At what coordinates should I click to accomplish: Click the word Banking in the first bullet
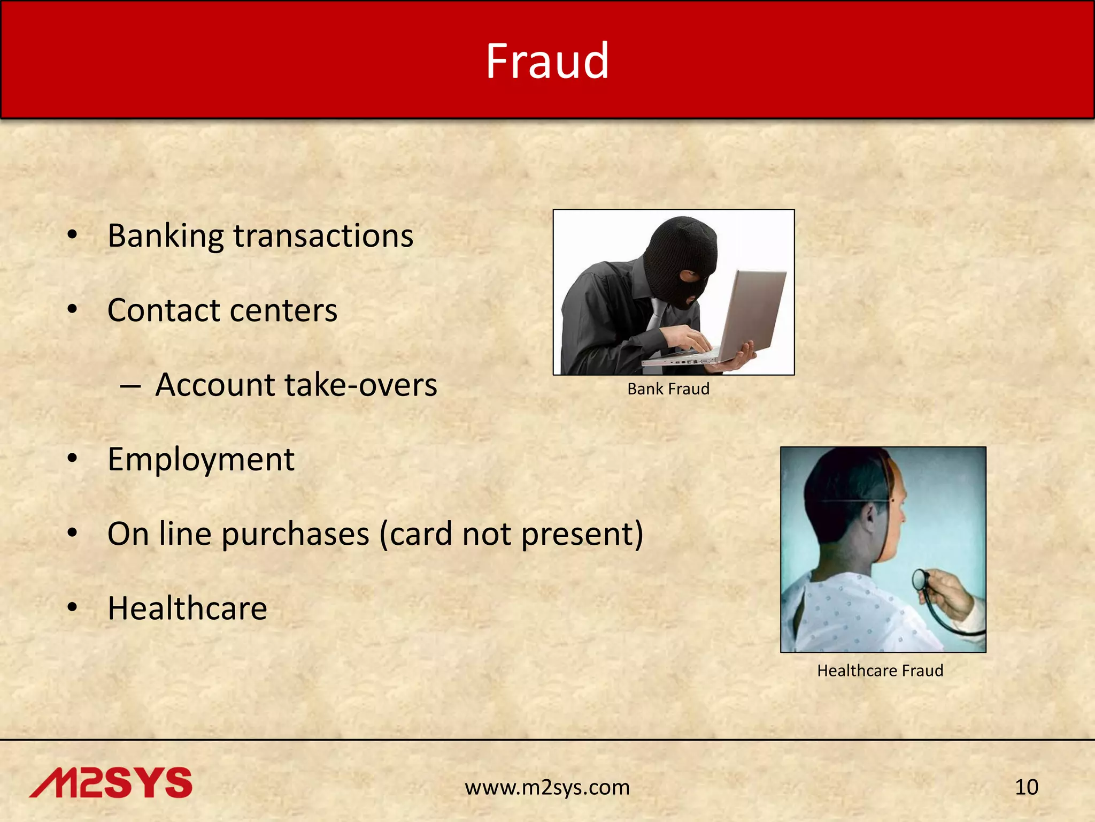165,236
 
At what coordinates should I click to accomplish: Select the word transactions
323,236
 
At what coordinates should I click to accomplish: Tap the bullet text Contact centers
222,310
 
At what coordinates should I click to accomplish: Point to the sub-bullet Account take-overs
296,385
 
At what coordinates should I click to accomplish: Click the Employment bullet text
201,459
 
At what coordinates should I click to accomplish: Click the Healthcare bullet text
187,608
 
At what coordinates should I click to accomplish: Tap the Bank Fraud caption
668,389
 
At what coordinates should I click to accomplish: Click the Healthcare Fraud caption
880,671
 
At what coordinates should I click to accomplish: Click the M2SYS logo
111,783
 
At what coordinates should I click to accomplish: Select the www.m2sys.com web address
547,787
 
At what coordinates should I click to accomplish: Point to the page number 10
1026,787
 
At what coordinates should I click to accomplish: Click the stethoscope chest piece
921,579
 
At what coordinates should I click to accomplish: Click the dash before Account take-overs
130,385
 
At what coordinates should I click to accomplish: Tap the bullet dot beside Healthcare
73,608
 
